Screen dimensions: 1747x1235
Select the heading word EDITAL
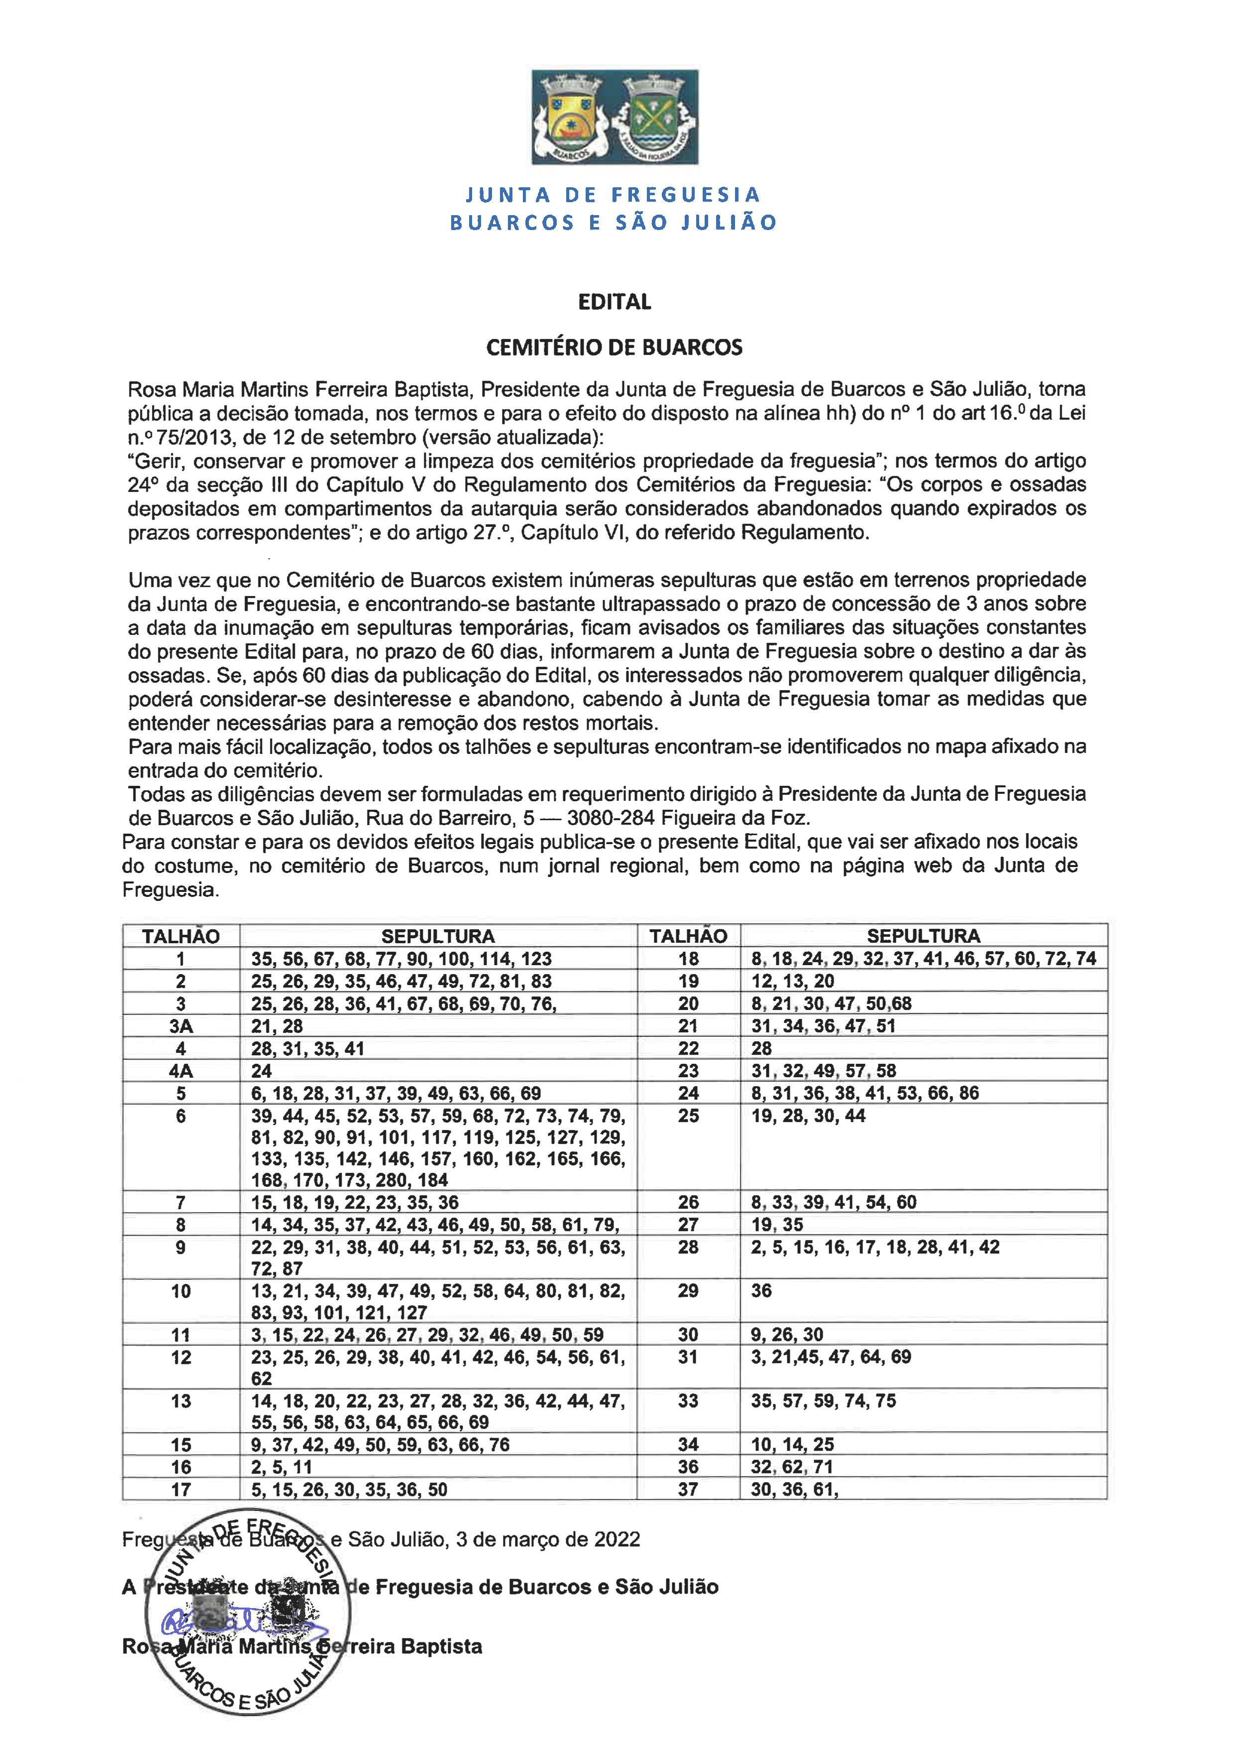614,302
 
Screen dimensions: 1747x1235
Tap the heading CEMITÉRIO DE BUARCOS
614,348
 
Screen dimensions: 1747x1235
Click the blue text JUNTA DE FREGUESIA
613,195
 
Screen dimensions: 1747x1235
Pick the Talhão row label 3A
181,1026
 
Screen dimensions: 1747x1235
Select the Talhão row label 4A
181,1071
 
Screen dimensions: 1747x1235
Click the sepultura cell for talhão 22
762,1048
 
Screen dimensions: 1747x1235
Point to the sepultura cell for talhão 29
762,1290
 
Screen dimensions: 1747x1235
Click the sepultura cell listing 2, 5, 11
281,1467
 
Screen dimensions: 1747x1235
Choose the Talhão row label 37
688,1489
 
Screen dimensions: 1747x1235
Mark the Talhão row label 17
181,1489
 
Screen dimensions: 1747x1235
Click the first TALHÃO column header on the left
181,936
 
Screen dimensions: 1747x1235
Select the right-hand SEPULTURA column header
923,936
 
